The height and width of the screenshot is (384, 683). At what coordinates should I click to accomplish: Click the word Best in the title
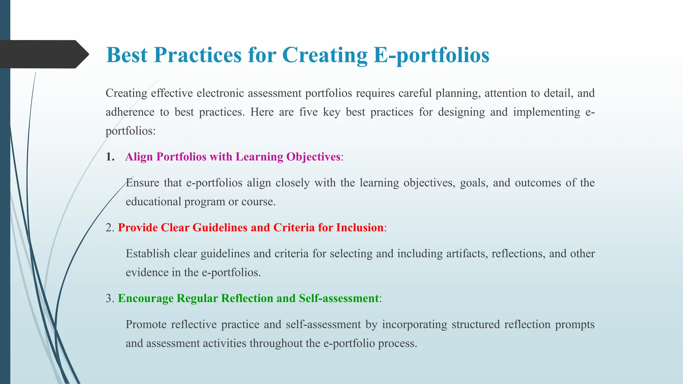pos(126,55)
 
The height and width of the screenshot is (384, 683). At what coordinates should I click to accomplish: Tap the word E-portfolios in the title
pos(431,55)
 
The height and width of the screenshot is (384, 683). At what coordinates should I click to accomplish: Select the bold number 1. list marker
pos(110,157)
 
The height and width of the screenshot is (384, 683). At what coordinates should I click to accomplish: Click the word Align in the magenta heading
pos(139,157)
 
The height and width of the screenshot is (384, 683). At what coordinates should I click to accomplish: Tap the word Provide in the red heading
pos(138,227)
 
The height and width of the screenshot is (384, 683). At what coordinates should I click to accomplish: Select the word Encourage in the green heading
pos(145,298)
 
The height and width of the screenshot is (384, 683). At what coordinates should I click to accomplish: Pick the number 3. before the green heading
pos(110,298)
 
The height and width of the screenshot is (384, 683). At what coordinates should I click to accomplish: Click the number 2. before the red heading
pos(110,227)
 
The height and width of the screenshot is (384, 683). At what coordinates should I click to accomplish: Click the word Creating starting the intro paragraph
pos(126,93)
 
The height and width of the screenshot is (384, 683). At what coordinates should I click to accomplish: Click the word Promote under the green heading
pos(146,324)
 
